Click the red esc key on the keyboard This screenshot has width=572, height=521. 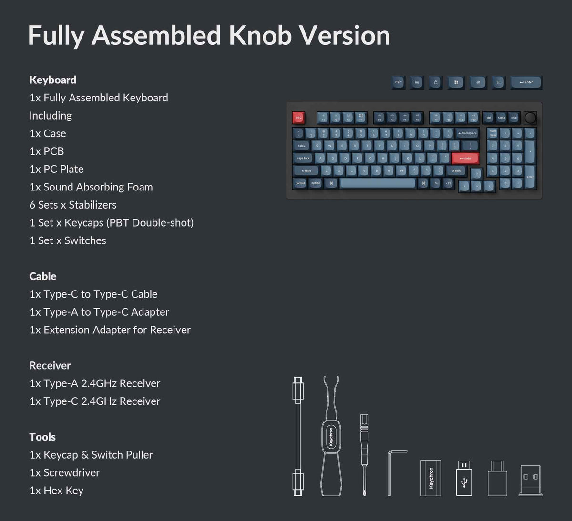coord(298,117)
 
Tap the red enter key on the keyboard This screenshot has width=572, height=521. coord(465,158)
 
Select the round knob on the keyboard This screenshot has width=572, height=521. coord(530,117)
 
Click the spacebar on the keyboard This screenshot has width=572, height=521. coord(378,183)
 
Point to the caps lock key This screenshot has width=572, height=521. coord(303,158)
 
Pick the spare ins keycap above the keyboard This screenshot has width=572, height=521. coord(417,82)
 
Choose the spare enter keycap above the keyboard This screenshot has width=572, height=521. coord(526,82)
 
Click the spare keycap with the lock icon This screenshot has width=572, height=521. coord(435,82)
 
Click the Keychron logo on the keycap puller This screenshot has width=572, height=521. coord(331,436)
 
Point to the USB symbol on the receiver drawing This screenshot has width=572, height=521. coord(464,483)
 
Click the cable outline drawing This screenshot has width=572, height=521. coord(298,436)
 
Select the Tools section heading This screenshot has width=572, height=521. coord(42,437)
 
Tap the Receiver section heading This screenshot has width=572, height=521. coord(50,365)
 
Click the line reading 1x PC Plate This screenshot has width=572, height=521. coord(56,169)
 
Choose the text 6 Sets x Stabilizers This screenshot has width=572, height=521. coord(73,205)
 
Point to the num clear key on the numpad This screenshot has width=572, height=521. coord(492,133)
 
